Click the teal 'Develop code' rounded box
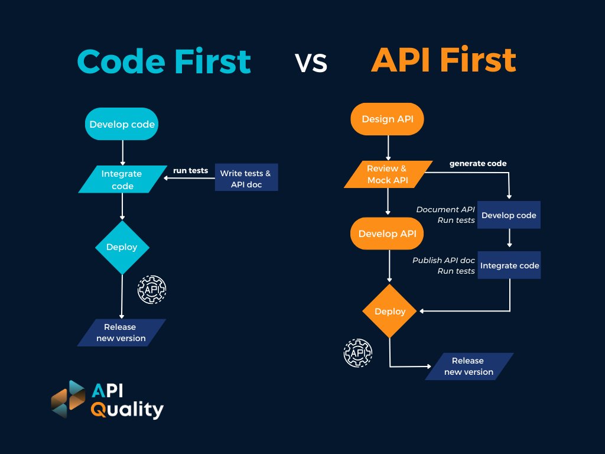point(122,124)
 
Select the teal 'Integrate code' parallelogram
point(122,180)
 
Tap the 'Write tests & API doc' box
point(246,179)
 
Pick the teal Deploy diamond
point(122,247)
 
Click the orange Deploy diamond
point(390,311)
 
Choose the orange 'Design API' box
point(388,119)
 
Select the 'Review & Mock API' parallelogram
point(387,174)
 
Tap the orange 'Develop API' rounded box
point(388,234)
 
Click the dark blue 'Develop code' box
point(509,215)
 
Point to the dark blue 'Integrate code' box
point(509,265)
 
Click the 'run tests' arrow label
point(190,171)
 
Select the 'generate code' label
point(478,163)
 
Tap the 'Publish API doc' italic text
point(444,260)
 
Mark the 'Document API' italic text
point(445,210)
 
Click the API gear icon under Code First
point(152,290)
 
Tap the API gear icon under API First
point(358,353)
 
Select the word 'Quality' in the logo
point(127,409)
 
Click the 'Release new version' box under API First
point(468,367)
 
